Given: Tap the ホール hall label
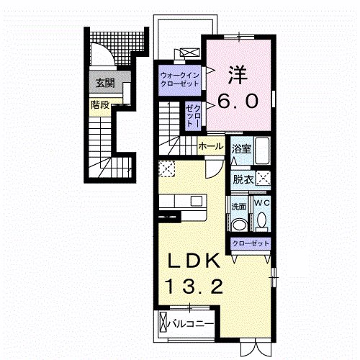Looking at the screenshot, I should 210,146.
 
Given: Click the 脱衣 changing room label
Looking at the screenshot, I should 243,179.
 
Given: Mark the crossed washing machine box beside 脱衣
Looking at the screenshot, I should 264,179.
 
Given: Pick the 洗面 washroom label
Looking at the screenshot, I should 239,206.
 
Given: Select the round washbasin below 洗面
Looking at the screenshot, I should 239,222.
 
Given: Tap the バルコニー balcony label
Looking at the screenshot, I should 190,324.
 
